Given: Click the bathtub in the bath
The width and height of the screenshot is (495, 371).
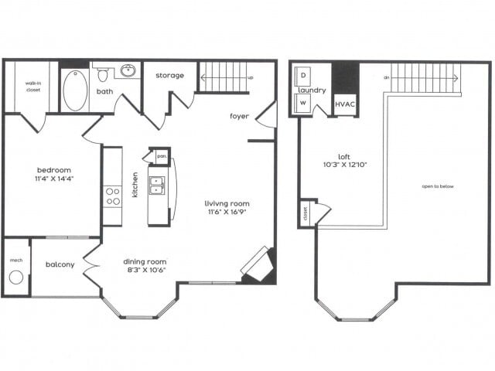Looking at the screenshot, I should point(74,90).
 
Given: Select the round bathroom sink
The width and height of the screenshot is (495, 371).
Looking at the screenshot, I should point(128,72).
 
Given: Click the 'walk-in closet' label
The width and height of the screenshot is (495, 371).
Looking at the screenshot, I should point(32,87).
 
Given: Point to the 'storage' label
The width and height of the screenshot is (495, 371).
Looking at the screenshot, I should point(169,75).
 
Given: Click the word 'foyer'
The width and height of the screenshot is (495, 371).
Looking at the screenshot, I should point(239,117).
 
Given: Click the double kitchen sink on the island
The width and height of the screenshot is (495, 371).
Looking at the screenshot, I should point(157,189).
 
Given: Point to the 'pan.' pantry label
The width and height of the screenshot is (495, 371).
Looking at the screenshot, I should point(162,155).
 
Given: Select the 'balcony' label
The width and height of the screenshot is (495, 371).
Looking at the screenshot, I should point(60,264).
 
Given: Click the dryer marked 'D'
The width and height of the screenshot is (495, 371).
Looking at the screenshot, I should point(302,75).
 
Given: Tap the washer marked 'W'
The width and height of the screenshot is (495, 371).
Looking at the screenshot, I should point(302,102).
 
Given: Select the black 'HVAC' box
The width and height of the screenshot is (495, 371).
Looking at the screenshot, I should point(344,103).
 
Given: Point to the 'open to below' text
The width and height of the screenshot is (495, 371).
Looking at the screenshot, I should point(438,186).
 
